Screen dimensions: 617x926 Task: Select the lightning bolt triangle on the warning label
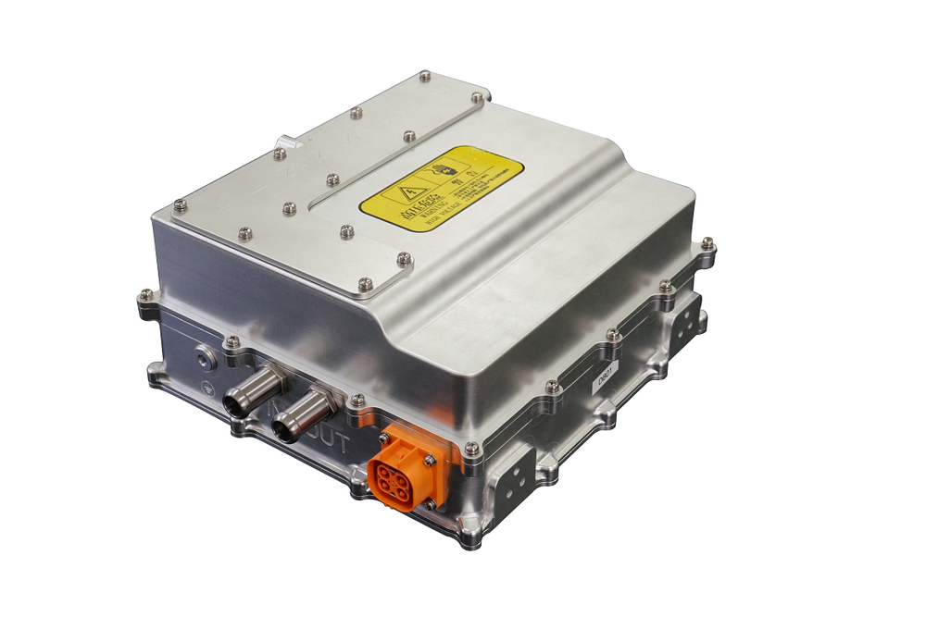tap(408, 194)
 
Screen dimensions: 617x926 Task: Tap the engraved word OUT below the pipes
tap(329, 443)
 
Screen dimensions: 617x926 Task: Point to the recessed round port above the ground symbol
tap(201, 352)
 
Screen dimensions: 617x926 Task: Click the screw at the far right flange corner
tap(707, 243)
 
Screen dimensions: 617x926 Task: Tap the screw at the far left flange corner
tap(145, 295)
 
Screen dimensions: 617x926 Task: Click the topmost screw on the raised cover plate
tap(424, 75)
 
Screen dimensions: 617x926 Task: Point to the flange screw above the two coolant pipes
tap(232, 341)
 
